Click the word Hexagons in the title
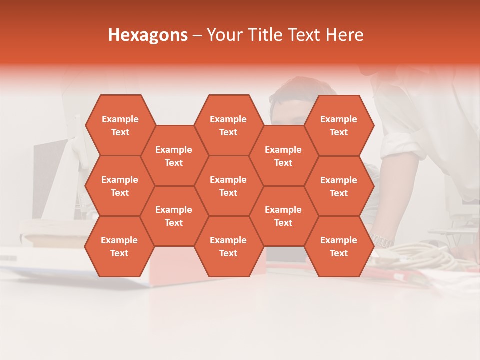[148, 35]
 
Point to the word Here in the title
[344, 35]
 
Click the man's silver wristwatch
[382, 241]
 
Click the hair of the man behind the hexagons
[295, 87]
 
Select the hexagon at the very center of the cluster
[228, 186]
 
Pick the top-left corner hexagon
[120, 125]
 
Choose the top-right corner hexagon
[339, 125]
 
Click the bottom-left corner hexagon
[119, 246]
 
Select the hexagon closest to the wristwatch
[339, 246]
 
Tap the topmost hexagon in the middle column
[228, 125]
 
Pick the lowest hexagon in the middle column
[228, 246]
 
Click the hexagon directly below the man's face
[283, 156]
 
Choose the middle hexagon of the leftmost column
[120, 186]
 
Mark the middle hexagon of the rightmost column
[339, 186]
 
